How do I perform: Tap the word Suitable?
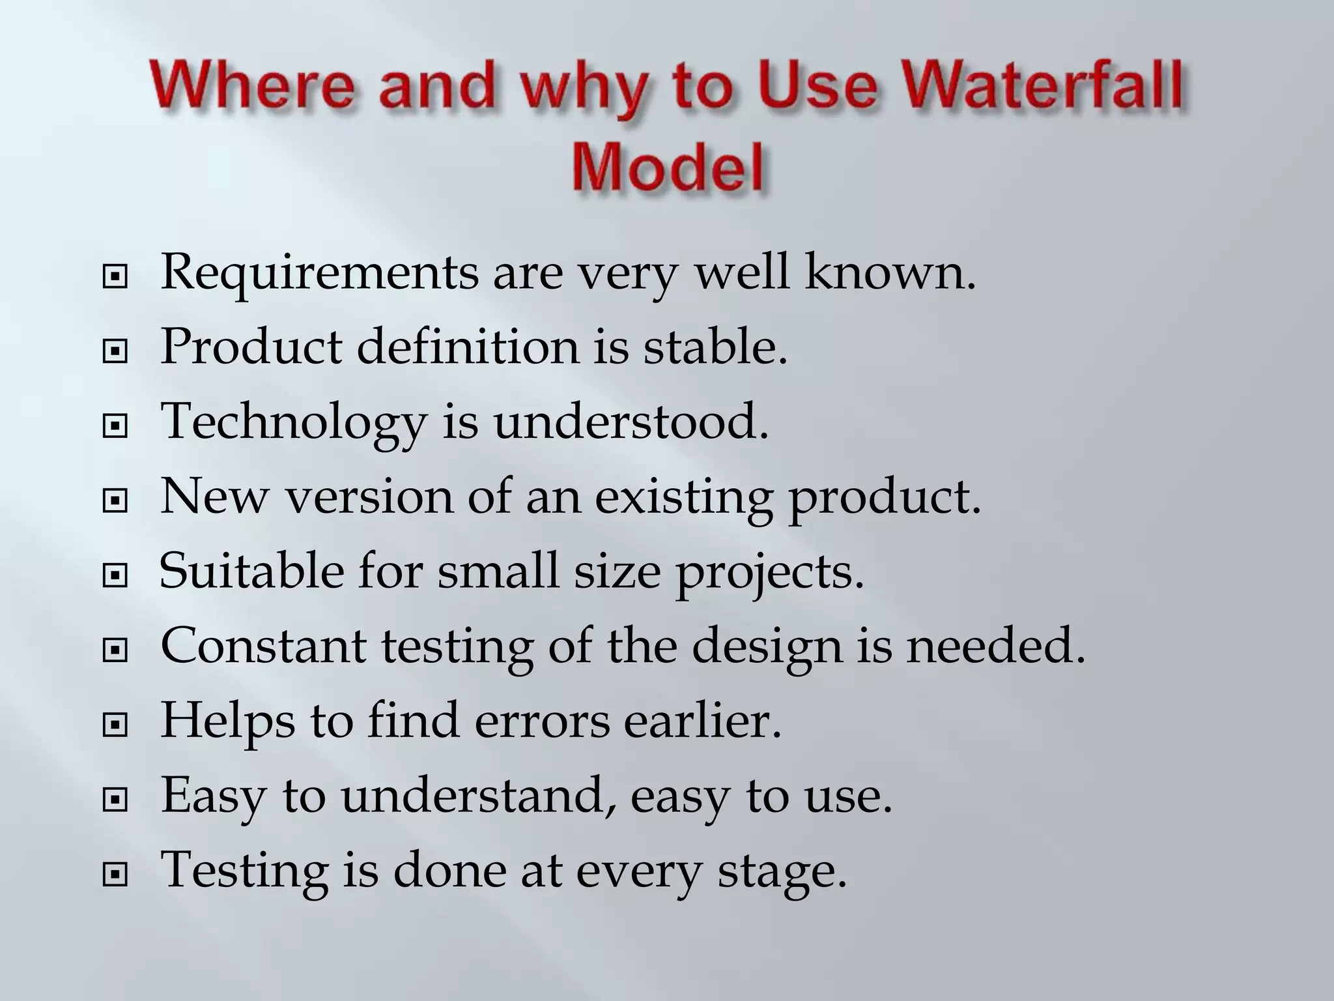251,572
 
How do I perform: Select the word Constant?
263,646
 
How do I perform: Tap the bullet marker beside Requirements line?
115,278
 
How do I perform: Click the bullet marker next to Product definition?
115,353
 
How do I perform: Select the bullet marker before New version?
115,502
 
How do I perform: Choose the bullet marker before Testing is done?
115,875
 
